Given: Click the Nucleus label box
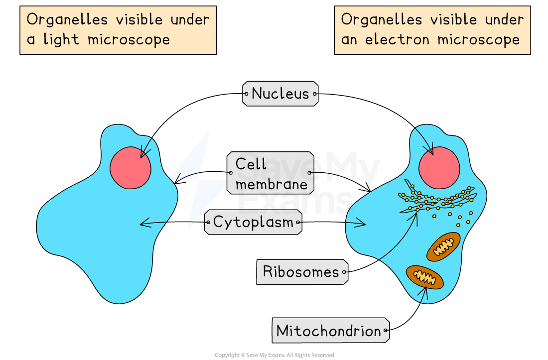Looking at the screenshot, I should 280,94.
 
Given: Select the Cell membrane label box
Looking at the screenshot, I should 271,173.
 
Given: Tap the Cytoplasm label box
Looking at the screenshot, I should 253,222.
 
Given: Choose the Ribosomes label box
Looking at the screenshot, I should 301,272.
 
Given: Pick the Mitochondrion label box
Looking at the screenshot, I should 329,331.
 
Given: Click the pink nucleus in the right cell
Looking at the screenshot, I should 439,168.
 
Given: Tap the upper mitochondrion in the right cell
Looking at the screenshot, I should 443,246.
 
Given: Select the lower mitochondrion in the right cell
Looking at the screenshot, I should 424,277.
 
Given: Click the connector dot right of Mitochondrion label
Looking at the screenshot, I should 386,331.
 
